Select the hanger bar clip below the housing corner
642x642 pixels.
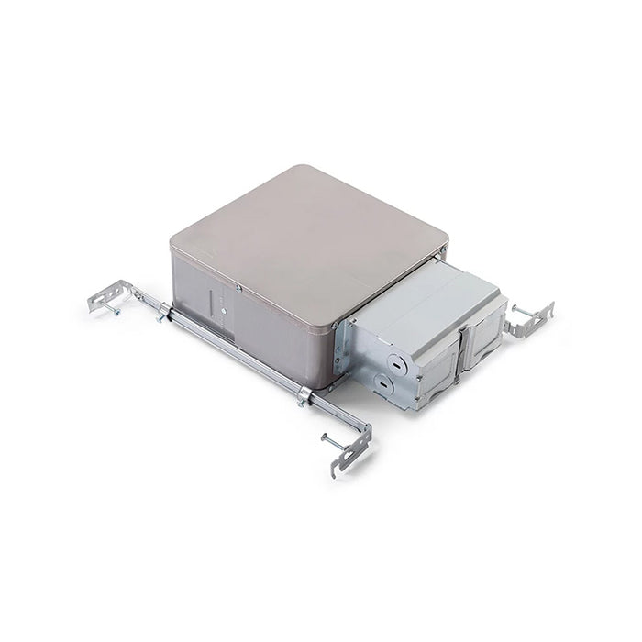(x=304, y=396)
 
